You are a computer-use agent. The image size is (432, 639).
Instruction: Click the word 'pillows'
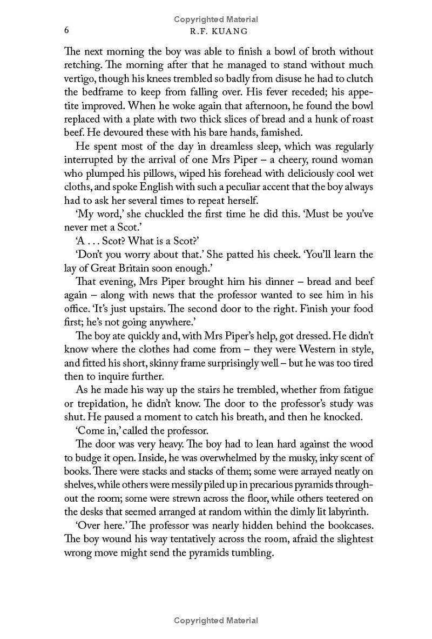pos(154,174)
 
